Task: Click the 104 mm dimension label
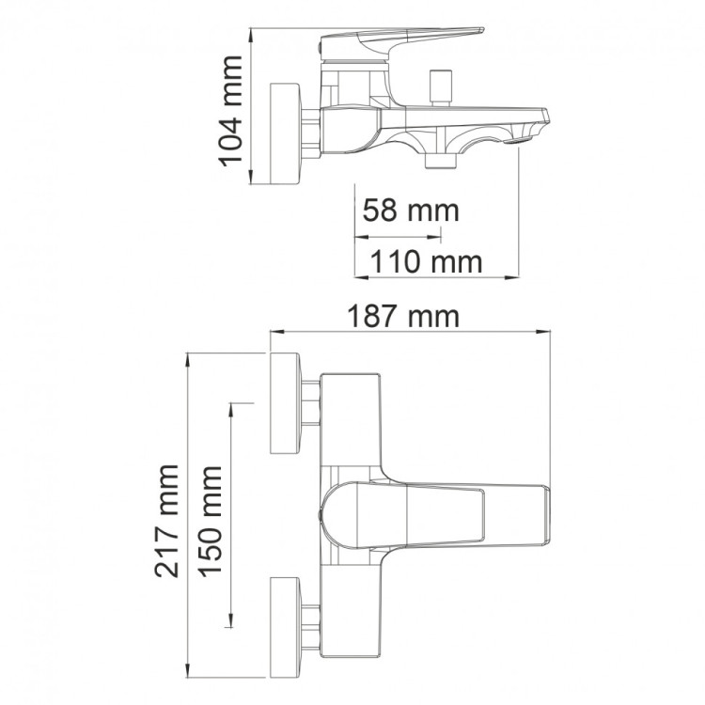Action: (x=230, y=111)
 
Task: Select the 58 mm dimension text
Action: (x=411, y=211)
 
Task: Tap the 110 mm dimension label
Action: (x=426, y=261)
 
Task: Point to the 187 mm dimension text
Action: (x=403, y=317)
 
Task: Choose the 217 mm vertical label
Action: (x=166, y=521)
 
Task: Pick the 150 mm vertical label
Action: (x=211, y=522)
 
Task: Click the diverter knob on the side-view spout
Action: (x=440, y=87)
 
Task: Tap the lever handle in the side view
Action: (x=400, y=44)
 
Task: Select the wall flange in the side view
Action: (x=285, y=133)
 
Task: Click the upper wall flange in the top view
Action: (x=285, y=403)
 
